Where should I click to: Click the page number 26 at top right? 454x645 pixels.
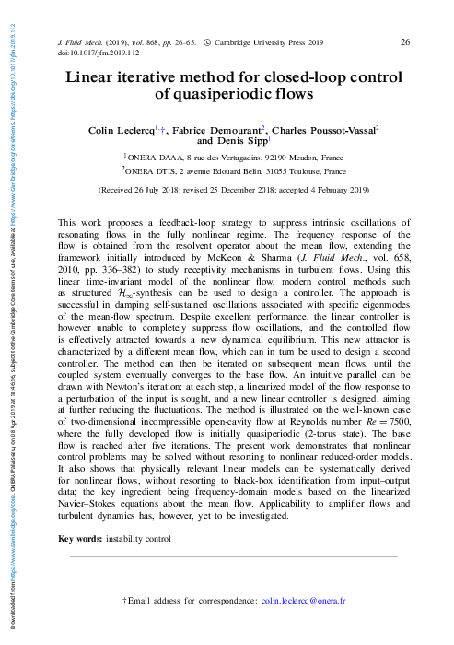tap(405, 43)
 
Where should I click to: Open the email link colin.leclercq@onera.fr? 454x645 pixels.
tap(304, 601)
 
